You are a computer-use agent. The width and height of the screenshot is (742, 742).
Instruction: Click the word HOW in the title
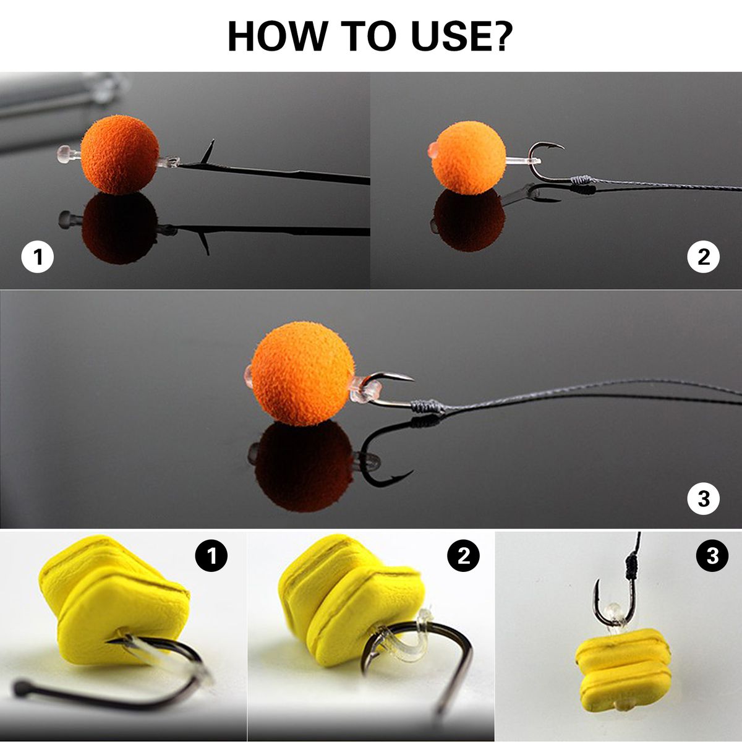click(276, 36)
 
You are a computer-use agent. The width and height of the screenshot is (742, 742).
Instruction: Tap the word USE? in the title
click(462, 36)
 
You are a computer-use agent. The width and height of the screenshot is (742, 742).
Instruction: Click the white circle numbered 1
click(38, 257)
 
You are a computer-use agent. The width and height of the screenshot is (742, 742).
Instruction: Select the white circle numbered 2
click(704, 257)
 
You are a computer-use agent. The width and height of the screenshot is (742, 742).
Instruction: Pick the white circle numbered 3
click(704, 498)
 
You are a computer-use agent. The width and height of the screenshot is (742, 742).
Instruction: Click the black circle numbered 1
click(211, 556)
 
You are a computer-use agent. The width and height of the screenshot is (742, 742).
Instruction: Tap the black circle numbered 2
click(464, 556)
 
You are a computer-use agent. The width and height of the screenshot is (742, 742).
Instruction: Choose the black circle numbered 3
click(712, 556)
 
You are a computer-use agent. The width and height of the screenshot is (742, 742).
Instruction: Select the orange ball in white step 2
click(468, 157)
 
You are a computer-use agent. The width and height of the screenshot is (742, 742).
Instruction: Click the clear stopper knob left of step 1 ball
click(64, 154)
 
